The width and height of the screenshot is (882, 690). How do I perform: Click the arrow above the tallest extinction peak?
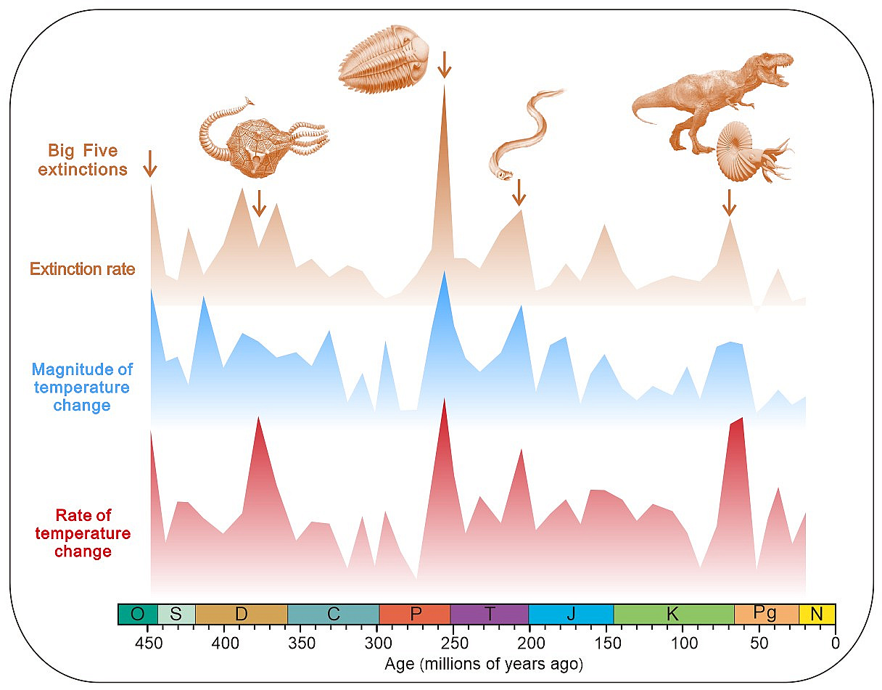(445, 64)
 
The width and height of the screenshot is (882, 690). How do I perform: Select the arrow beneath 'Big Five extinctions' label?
(149, 164)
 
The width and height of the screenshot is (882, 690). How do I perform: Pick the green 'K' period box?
(673, 614)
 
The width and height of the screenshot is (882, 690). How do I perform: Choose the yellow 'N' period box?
(817, 614)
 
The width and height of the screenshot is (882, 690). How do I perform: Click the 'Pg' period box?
(766, 614)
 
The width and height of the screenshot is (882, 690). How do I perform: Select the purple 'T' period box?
(489, 614)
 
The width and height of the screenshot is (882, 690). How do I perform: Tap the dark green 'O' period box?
(137, 614)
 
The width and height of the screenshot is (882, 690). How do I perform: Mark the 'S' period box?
(176, 614)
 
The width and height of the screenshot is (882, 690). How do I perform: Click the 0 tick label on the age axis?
(836, 642)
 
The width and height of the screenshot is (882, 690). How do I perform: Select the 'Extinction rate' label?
(82, 269)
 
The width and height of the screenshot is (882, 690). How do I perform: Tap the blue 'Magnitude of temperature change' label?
(82, 387)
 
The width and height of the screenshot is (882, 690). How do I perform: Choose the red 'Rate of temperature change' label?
(83, 533)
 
